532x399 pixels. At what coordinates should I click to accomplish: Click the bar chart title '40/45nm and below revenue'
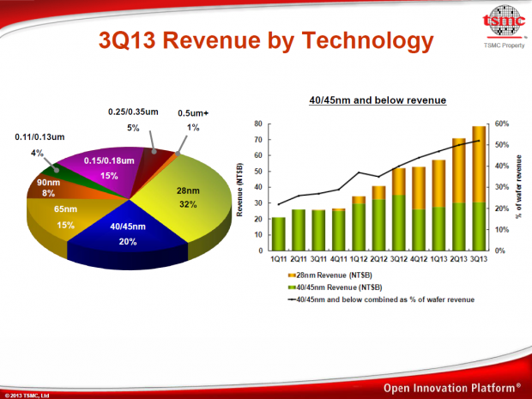[x=378, y=101]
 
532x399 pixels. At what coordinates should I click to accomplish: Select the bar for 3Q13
[x=478, y=189]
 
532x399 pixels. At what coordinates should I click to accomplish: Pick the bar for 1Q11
[x=279, y=233]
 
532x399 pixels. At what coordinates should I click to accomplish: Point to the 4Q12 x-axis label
[x=419, y=259]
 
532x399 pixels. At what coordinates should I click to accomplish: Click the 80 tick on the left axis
[x=258, y=124]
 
